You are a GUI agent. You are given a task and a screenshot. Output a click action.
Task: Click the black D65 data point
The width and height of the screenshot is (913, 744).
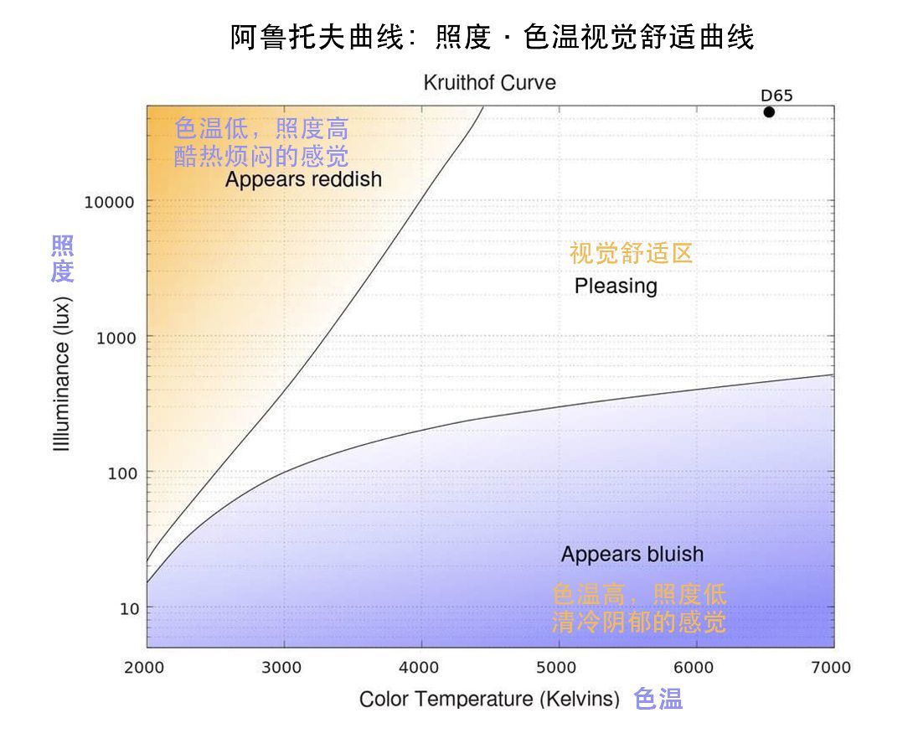click(769, 112)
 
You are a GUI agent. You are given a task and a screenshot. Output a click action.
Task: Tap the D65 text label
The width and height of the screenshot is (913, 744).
click(776, 96)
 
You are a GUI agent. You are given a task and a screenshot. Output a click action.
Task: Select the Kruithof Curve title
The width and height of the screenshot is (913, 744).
click(489, 83)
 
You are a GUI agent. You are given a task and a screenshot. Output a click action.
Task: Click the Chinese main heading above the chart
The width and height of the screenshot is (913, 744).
click(492, 37)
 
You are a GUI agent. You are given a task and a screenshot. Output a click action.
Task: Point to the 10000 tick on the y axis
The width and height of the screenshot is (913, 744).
click(110, 202)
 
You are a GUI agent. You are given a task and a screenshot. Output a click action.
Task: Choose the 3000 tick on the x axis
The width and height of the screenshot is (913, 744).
click(284, 668)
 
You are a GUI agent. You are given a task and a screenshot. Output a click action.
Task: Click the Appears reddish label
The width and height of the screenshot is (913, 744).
click(303, 179)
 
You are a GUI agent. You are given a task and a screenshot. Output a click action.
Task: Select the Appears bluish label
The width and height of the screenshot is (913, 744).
click(632, 555)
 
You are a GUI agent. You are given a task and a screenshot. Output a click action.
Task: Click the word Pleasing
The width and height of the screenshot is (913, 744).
click(616, 287)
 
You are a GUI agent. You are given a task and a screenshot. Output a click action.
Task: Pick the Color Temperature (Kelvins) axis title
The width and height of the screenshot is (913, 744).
click(489, 699)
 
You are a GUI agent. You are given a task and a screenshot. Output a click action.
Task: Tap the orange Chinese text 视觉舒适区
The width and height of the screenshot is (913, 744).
click(631, 254)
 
